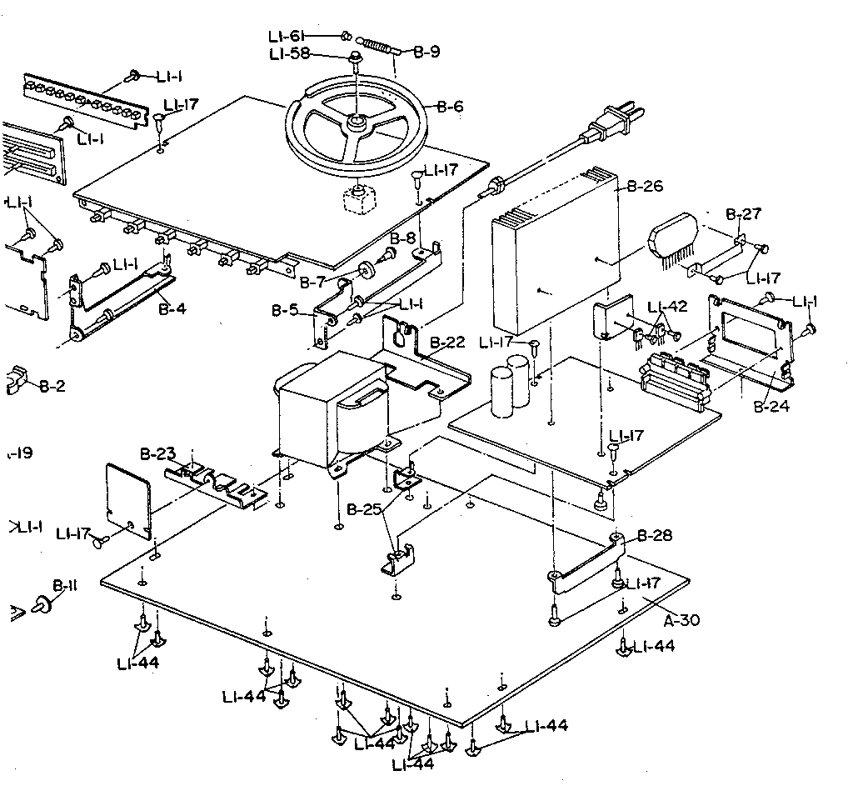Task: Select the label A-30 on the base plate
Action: point(681,619)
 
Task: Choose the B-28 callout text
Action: point(654,535)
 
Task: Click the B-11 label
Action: point(64,586)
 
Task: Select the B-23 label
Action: point(157,454)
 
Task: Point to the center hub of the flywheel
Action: point(356,123)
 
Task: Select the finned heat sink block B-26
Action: point(554,250)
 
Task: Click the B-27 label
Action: point(743,214)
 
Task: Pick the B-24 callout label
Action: point(771,408)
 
